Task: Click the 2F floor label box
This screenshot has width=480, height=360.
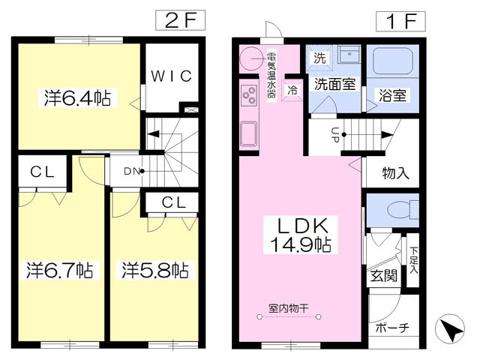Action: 180,20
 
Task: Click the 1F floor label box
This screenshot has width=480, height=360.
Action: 400,22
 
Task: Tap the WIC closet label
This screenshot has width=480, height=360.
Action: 172,76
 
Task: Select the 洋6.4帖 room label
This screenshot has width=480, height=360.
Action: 78,98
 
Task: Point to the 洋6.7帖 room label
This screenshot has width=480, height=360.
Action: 60,270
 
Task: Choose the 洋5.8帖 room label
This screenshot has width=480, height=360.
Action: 155,270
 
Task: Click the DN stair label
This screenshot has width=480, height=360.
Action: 132,172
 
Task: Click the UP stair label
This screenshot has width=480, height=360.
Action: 334,135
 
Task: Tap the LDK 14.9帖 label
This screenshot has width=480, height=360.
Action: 301,235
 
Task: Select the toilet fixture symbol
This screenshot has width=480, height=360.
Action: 402,210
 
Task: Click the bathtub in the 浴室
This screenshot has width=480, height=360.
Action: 393,61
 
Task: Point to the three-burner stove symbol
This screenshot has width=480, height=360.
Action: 250,95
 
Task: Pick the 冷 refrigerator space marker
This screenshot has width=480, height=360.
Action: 292,90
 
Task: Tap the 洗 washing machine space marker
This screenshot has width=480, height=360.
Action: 319,58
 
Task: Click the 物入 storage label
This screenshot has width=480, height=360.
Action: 395,173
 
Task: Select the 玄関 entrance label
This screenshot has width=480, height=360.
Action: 383,275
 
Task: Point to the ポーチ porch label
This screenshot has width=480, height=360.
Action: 392,328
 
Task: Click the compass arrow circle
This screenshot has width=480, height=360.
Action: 450,328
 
